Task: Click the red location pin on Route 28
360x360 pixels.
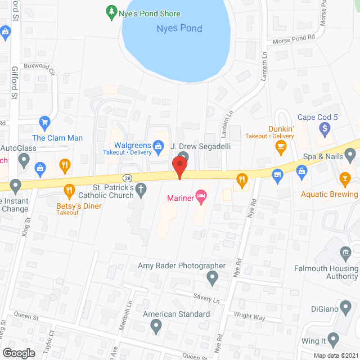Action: pos(179,167)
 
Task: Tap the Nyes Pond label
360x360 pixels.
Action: pos(178,28)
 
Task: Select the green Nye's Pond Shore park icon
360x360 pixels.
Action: pos(111,11)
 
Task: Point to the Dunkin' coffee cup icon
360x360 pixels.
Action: pos(280,147)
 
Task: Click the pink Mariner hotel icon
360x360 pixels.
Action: pos(201,196)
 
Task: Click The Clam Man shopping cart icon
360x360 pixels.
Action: pos(44,123)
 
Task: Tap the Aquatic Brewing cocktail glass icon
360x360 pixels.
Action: pos(344,179)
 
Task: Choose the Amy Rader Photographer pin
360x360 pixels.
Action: pos(212,277)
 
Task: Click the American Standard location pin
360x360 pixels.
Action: pos(156,325)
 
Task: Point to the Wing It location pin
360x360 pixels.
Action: pos(334,339)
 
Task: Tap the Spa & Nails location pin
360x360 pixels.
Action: pos(350,154)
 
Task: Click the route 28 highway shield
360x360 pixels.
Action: pos(128,177)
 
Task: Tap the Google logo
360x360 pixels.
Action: pos(19,353)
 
